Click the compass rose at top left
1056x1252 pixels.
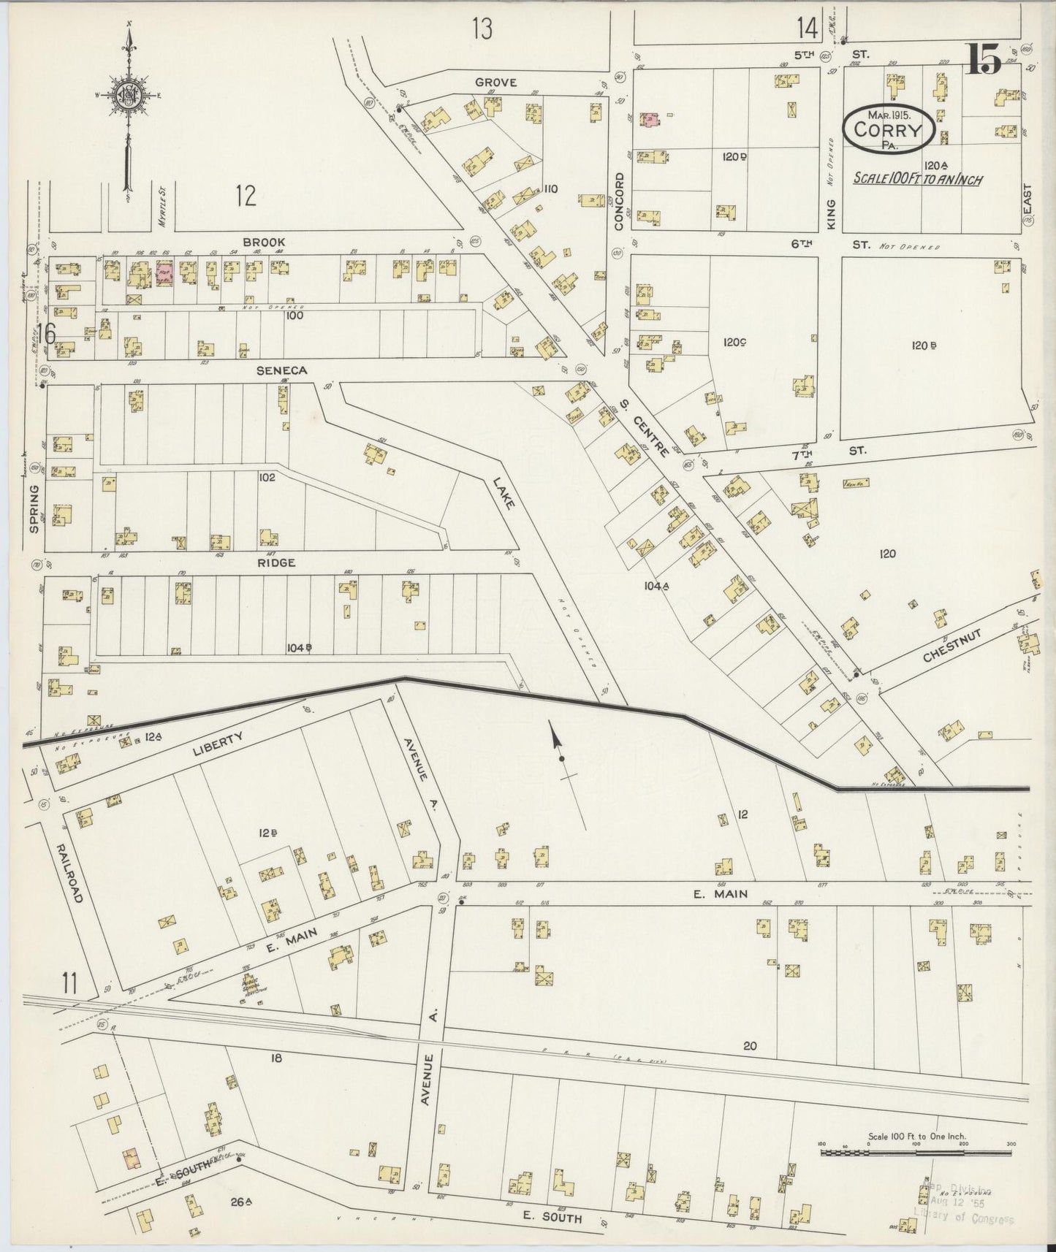coord(129,95)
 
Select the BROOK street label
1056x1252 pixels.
coord(264,242)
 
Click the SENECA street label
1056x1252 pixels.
coord(281,370)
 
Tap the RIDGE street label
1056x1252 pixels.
coord(276,562)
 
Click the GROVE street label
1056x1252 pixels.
coord(495,83)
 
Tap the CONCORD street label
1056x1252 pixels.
coord(619,202)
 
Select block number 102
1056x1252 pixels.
coord(266,477)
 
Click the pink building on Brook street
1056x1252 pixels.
coord(164,273)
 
